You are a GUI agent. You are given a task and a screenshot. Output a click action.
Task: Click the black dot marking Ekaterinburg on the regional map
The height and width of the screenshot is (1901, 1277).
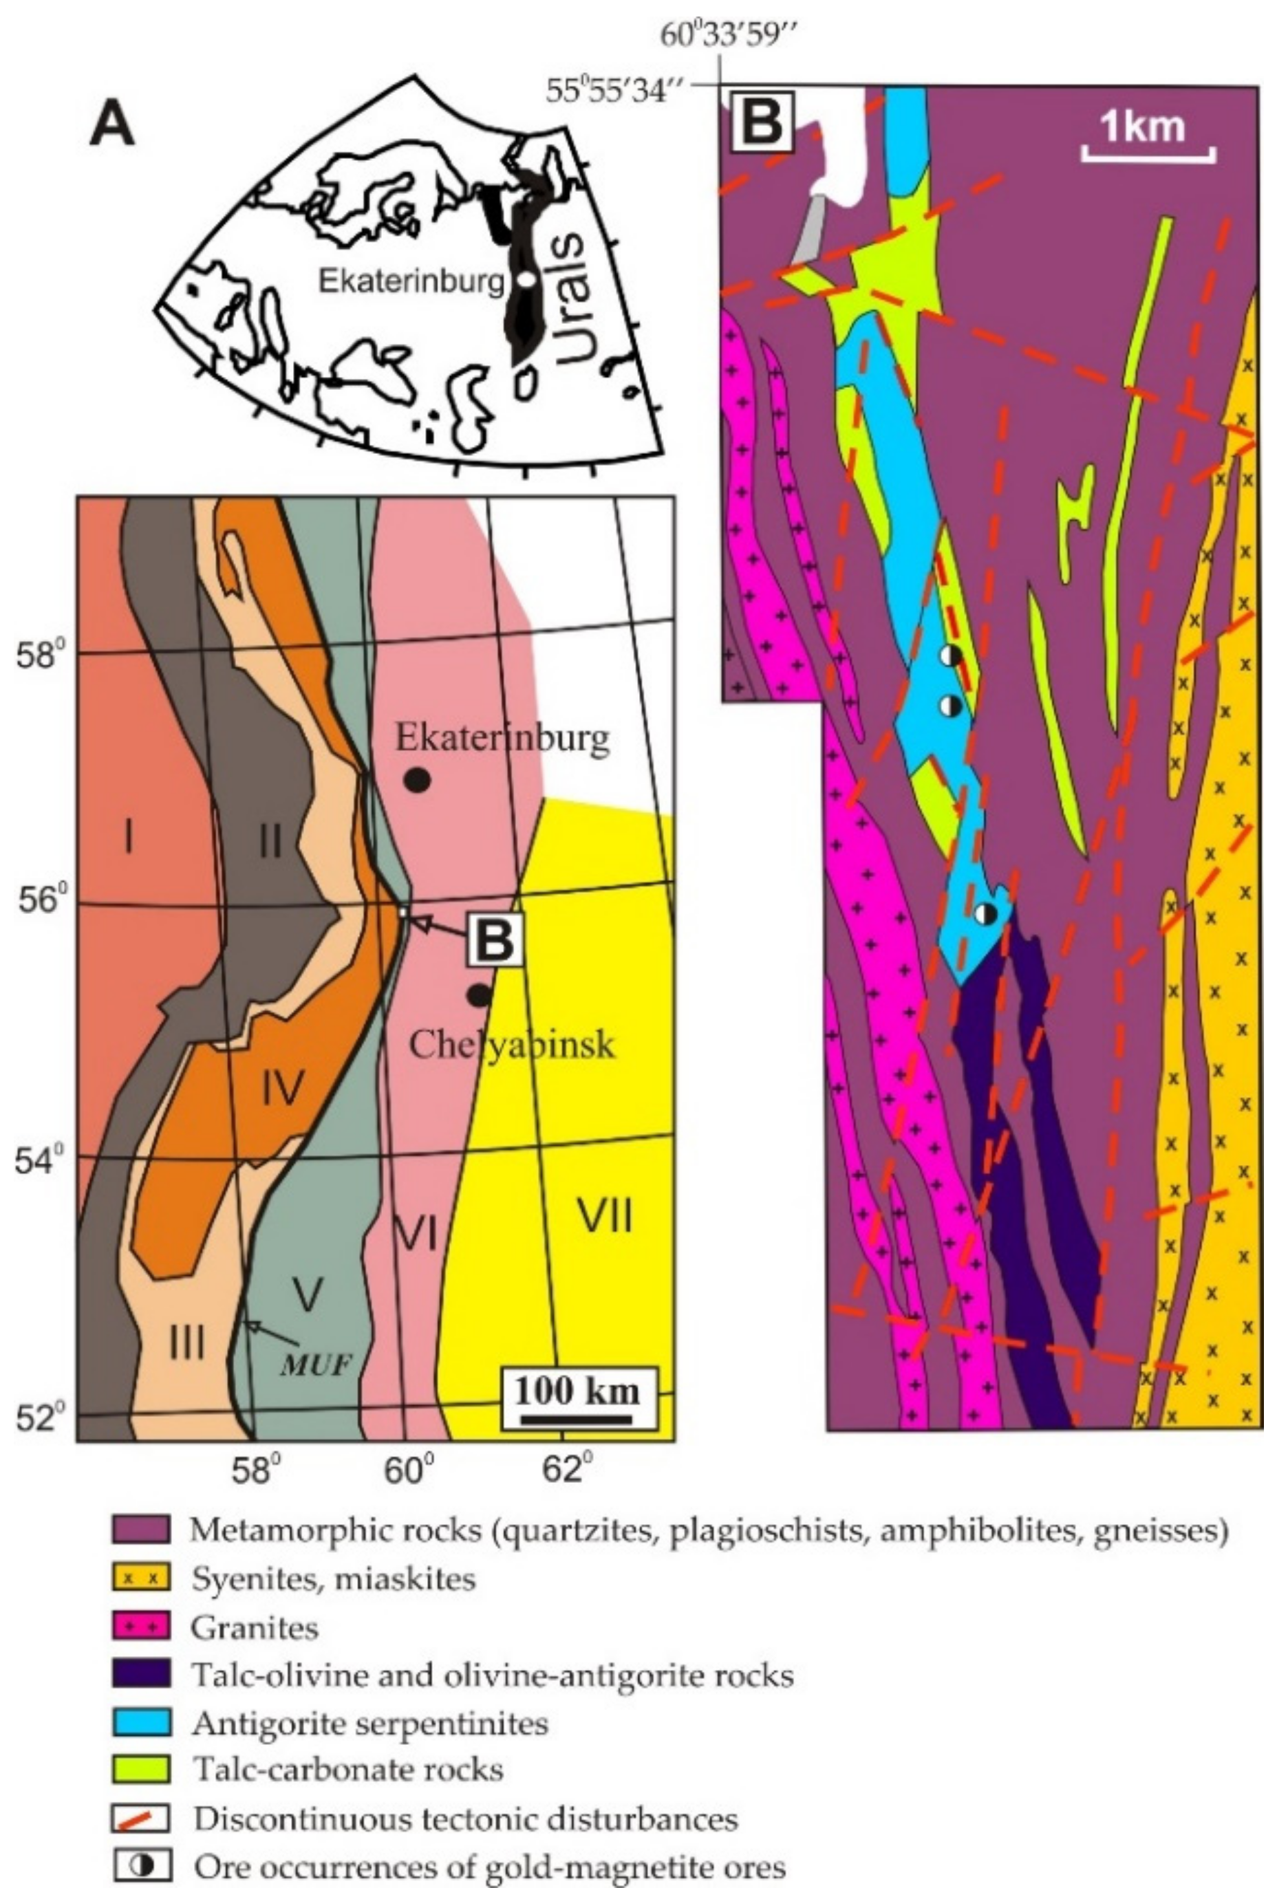[417, 779]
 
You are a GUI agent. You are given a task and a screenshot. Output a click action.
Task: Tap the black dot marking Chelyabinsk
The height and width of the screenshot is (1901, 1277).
[479, 995]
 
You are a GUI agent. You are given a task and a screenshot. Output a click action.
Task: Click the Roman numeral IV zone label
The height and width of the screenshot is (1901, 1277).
[283, 1086]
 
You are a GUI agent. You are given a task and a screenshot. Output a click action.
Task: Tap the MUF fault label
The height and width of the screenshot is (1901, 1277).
[316, 1365]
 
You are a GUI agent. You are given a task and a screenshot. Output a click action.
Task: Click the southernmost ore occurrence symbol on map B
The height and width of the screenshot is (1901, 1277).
[985, 913]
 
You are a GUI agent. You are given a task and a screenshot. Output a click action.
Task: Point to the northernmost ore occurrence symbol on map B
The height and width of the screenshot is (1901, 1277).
[949, 655]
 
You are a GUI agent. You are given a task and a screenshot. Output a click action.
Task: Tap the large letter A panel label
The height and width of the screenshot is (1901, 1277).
[111, 126]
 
